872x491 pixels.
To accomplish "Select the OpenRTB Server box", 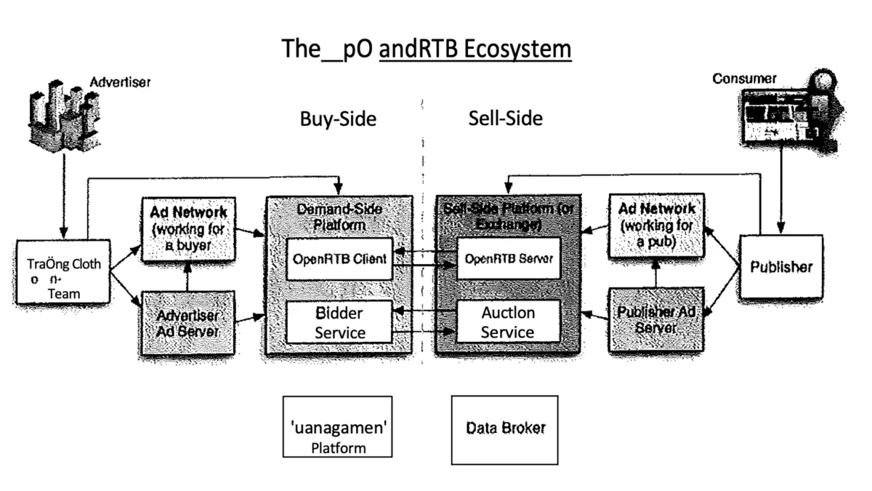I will pos(508,258).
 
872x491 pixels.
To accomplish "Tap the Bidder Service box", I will pos(339,322).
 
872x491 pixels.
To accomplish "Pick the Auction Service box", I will pos(508,322).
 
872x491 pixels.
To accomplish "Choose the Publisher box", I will pos(781,266).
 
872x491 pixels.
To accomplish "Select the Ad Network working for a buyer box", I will pos(189,228).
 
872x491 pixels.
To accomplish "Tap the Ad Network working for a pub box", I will pos(655,225).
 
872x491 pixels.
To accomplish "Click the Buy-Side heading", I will pos(338,119).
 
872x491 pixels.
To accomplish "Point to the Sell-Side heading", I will pos(505,118).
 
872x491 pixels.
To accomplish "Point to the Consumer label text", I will pos(744,79).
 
